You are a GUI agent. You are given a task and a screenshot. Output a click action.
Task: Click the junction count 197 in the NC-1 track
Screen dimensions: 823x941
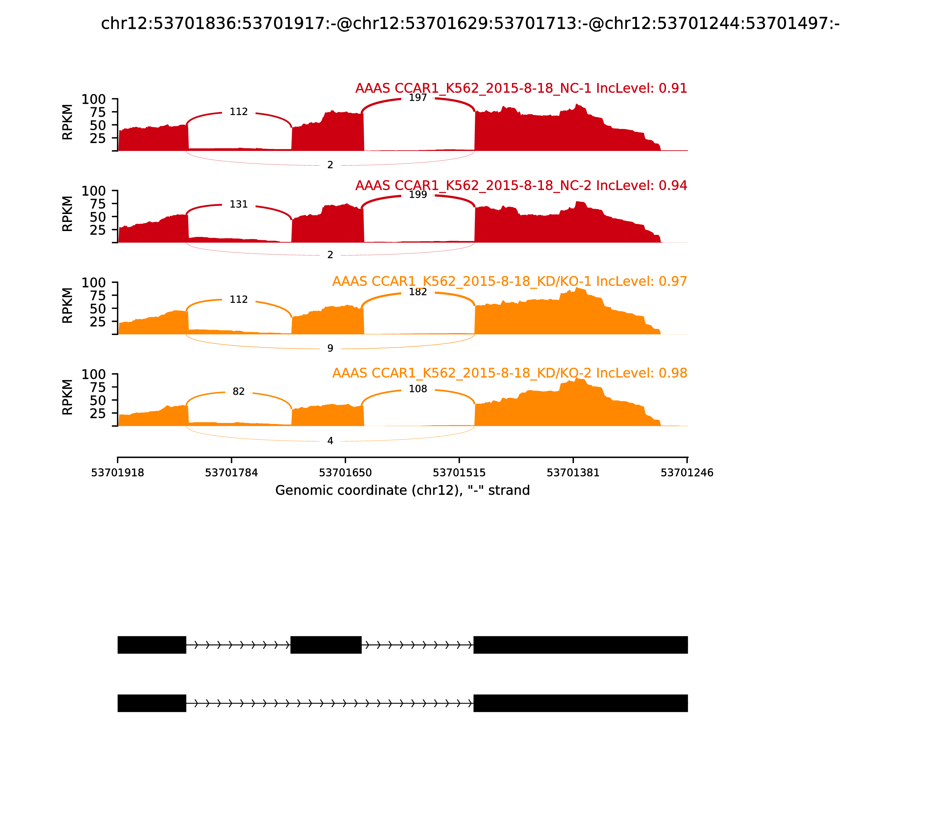point(418,98)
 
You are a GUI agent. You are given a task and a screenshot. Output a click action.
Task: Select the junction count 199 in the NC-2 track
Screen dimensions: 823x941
point(418,195)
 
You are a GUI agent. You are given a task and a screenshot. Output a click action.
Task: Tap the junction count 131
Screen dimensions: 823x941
point(238,204)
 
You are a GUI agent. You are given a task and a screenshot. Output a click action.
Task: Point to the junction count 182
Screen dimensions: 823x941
point(418,292)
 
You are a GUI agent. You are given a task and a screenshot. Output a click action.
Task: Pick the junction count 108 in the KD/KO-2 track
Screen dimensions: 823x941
point(418,389)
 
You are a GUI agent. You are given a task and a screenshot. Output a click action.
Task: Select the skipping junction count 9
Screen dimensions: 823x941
point(330,349)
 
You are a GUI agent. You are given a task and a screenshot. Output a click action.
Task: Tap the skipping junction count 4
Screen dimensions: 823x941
point(330,441)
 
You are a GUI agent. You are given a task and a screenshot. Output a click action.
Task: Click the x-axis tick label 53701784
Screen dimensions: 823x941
point(231,473)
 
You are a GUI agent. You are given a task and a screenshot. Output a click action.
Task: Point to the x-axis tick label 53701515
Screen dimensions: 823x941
point(459,473)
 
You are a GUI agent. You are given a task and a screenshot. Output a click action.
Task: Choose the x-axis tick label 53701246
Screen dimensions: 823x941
point(686,473)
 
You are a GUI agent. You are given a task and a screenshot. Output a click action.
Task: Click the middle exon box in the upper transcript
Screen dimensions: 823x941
point(326,645)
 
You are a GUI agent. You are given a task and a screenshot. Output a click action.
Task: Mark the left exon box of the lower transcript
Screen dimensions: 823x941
point(152,703)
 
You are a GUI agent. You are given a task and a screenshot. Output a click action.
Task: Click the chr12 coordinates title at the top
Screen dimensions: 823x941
point(470,24)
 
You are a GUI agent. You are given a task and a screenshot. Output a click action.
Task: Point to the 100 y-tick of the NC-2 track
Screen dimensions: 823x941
point(94,191)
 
